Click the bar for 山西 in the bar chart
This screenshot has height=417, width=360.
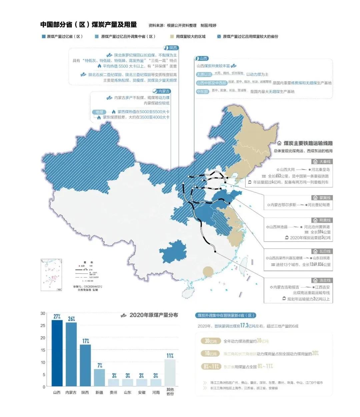point(57,353)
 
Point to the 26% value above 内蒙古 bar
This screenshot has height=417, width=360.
point(71,319)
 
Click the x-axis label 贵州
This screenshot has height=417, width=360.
point(113,392)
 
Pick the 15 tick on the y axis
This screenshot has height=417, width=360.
point(43,350)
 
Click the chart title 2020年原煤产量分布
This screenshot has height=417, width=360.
point(153,315)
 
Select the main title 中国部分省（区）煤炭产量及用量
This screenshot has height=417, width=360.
point(89,25)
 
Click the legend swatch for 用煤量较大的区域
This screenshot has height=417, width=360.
point(172,37)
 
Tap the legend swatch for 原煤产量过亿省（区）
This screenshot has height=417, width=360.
point(43,37)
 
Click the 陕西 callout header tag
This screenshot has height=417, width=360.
point(171,48)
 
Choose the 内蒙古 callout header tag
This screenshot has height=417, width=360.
point(162,91)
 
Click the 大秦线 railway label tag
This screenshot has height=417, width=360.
point(322,162)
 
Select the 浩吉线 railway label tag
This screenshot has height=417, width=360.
point(322,280)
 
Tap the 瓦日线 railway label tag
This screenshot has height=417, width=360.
point(322,251)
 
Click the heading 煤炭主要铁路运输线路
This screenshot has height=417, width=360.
point(308,143)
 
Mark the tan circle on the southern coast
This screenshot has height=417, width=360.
point(208,271)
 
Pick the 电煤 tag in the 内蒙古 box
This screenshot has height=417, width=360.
point(99,112)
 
